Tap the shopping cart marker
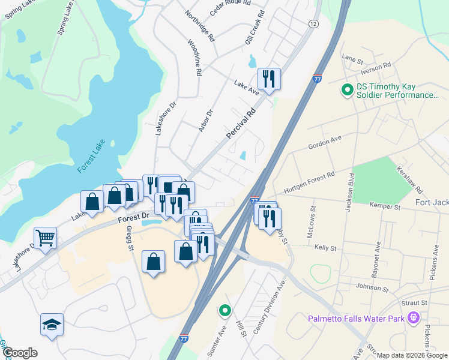tap(45, 238)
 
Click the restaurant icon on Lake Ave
tap(268, 79)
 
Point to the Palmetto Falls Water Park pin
tap(412, 317)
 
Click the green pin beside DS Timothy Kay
tap(346, 91)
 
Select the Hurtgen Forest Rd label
tap(309, 181)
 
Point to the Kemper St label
tap(385, 206)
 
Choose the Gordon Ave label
tap(324, 142)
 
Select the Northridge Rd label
tap(200, 25)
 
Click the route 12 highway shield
tap(313, 23)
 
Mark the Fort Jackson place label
tap(432, 202)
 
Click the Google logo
tap(20, 353)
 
